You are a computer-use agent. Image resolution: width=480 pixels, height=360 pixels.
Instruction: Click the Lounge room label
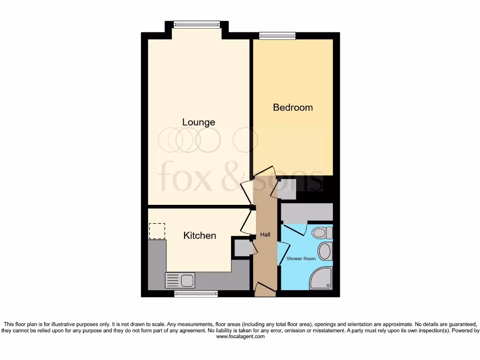pyautogui.click(x=199, y=122)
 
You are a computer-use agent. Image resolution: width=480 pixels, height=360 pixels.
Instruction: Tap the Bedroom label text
pyautogui.click(x=293, y=107)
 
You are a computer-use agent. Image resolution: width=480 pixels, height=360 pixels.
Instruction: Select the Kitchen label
pyautogui.click(x=200, y=235)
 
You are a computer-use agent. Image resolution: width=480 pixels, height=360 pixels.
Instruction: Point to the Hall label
pyautogui.click(x=265, y=234)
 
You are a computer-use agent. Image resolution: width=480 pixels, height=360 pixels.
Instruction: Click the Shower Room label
pyautogui.click(x=301, y=258)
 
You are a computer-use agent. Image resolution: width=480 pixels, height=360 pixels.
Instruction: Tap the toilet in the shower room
pyautogui.click(x=322, y=232)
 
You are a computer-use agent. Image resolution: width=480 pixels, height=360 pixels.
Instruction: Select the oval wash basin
pyautogui.click(x=324, y=251)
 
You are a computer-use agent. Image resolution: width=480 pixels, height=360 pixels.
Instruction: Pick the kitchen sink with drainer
pyautogui.click(x=180, y=280)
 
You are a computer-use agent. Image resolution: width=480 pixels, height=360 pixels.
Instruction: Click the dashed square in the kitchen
pyautogui.click(x=157, y=231)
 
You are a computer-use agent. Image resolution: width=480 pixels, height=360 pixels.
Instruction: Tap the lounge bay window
pyautogui.click(x=196, y=24)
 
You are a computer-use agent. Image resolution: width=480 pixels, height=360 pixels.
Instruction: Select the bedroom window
pyautogui.click(x=277, y=36)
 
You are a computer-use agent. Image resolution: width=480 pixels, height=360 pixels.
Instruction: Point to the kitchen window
pyautogui.click(x=196, y=294)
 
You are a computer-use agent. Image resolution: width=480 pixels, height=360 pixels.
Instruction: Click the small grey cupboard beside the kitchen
pyautogui.click(x=243, y=247)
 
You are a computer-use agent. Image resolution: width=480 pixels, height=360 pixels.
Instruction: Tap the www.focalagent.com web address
pyautogui.click(x=240, y=337)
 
